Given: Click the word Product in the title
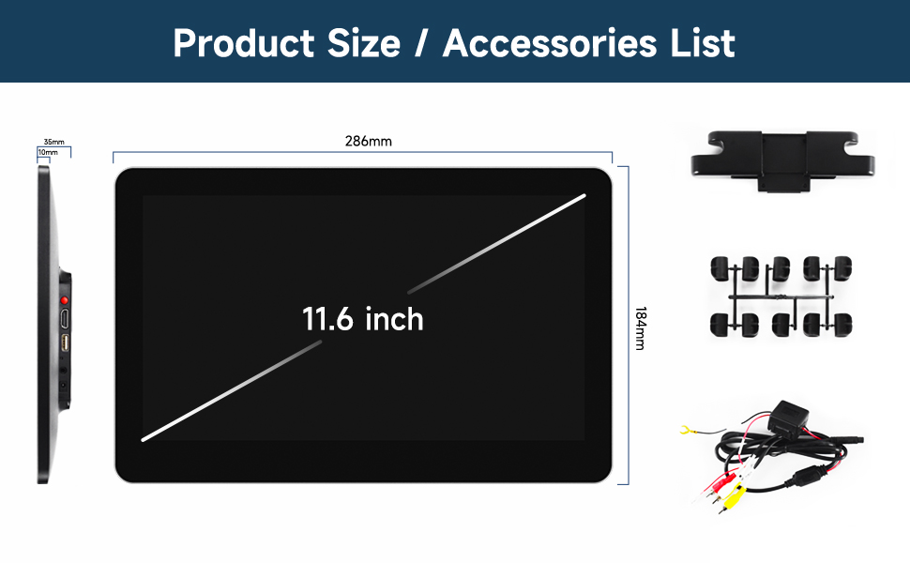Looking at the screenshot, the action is [244, 43].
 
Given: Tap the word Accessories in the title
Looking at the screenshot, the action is [550, 43].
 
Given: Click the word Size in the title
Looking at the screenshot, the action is [364, 43].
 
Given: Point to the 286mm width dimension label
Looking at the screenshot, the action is [369, 141].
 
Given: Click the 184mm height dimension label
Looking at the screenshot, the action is [640, 328].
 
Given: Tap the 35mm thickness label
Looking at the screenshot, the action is [54, 142].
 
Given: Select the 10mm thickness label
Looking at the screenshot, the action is [48, 152].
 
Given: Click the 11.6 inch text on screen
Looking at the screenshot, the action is [363, 319].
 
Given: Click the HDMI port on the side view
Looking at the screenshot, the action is [65, 318].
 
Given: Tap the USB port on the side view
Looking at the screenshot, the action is [65, 343].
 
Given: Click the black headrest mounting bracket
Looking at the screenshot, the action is [783, 160].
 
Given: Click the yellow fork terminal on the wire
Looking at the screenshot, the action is [687, 430].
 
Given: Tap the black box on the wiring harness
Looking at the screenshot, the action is [788, 418].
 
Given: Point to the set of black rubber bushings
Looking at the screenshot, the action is [781, 297].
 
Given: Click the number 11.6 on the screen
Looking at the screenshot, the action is [327, 319].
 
